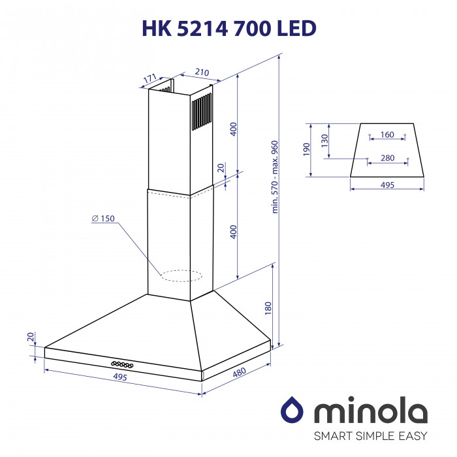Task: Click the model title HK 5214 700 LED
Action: (x=228, y=27)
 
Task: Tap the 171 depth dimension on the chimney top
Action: (x=150, y=79)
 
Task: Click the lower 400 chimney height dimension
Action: (x=233, y=231)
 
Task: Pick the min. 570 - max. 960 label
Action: (x=275, y=177)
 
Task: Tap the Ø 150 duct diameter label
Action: (x=103, y=219)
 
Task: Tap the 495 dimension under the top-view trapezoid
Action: (x=387, y=185)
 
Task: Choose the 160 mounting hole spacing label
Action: (x=387, y=135)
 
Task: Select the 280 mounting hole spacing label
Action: (x=387, y=158)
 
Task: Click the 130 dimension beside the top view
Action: (x=324, y=140)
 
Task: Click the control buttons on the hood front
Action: (x=122, y=364)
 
